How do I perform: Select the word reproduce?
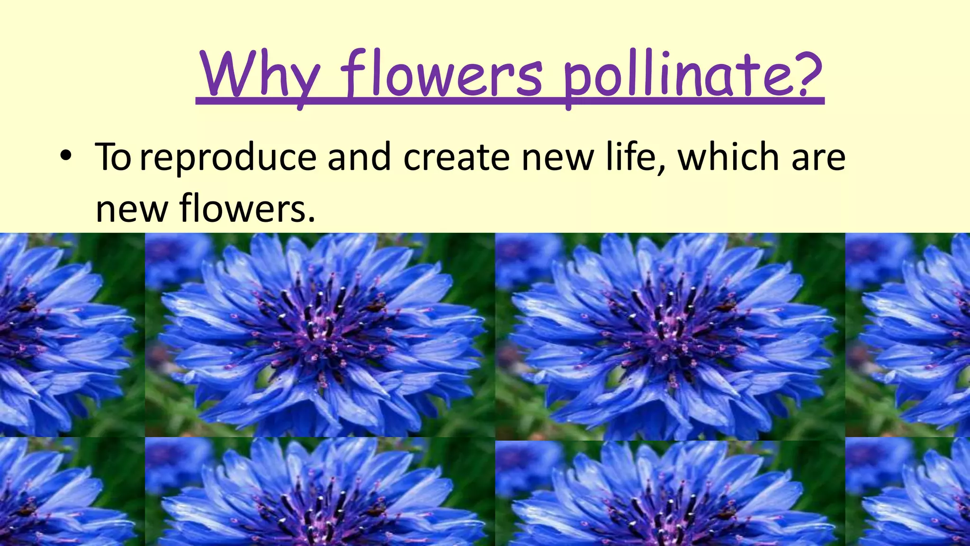point(228,158)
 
